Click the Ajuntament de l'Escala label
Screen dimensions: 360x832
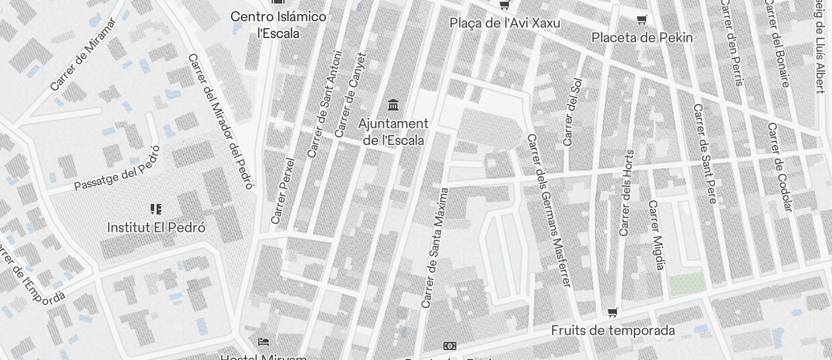pos(393,132)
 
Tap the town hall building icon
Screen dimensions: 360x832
pos(394,106)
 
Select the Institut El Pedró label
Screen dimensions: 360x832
pos(156,227)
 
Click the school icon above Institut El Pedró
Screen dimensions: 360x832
pos(156,209)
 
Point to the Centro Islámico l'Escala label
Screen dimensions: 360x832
pos(278,25)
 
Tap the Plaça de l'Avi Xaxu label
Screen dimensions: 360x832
pos(504,23)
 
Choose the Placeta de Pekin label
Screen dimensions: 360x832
pos(642,38)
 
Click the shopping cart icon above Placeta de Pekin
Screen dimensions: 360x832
pos(642,20)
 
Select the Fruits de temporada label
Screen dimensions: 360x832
pos(612,331)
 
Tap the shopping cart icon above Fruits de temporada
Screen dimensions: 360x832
pos(612,312)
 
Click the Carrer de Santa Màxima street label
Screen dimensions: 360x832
pos(435,248)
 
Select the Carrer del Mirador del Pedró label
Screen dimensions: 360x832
pos(221,122)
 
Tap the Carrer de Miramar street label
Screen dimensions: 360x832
pos(83,54)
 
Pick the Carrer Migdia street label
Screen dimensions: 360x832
pos(657,236)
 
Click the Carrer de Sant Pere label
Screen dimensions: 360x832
pos(704,154)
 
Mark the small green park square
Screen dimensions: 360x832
pos(686,284)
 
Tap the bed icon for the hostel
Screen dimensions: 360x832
pos(264,341)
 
